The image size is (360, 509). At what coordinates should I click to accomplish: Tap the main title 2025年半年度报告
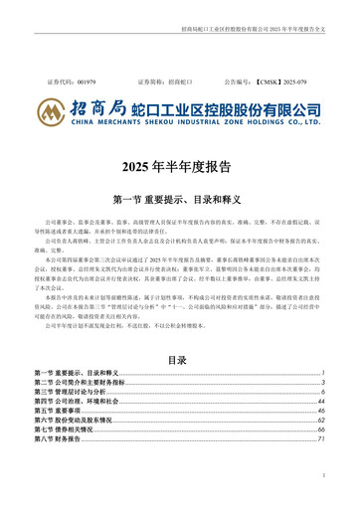pyautogui.click(x=179, y=165)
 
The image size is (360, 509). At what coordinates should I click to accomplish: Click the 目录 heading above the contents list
pyautogui.click(x=179, y=360)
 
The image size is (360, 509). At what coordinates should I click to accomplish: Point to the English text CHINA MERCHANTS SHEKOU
pyautogui.click(x=139, y=121)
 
